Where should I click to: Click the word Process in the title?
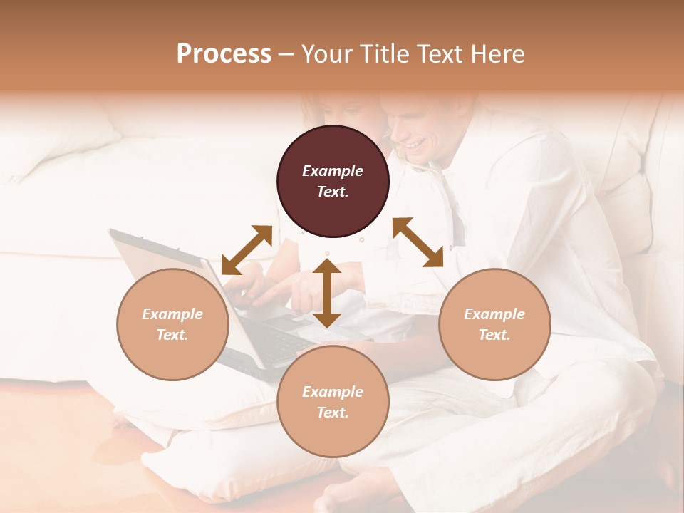tap(224, 54)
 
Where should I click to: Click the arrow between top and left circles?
tap(247, 250)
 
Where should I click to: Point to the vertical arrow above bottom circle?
tap(327, 293)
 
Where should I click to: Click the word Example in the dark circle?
tap(333, 171)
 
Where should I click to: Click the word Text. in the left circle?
tap(172, 335)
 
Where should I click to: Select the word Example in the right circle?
tap(494, 314)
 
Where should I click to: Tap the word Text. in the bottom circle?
tap(333, 413)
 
